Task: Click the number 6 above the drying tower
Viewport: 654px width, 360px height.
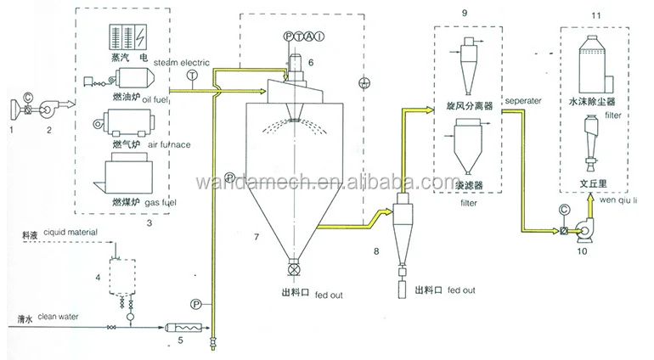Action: pyautogui.click(x=311, y=62)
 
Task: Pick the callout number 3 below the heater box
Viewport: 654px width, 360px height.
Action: pyautogui.click(x=149, y=222)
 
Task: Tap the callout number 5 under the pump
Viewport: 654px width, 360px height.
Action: pyautogui.click(x=178, y=340)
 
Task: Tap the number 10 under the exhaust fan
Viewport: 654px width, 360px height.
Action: pyautogui.click(x=583, y=251)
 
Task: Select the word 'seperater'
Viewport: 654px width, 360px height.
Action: pyautogui.click(x=523, y=100)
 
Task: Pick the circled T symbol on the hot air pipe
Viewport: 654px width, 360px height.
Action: pyautogui.click(x=192, y=76)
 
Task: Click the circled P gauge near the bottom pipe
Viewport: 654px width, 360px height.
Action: pyautogui.click(x=196, y=302)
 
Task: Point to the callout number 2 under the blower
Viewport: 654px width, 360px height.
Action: pyautogui.click(x=49, y=130)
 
